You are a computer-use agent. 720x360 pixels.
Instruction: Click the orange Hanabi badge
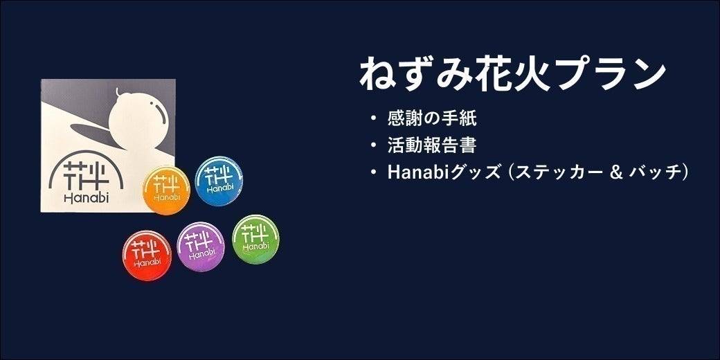166,190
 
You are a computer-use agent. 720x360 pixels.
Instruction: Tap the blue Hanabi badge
219,181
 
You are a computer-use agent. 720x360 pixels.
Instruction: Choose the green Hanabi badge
255,239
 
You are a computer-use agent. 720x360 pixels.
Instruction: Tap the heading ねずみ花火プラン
513,74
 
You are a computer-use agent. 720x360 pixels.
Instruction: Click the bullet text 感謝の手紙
432,118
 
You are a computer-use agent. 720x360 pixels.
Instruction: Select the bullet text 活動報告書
432,145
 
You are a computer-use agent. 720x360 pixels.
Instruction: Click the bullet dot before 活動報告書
374,146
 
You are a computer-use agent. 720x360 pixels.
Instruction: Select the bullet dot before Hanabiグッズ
374,173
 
